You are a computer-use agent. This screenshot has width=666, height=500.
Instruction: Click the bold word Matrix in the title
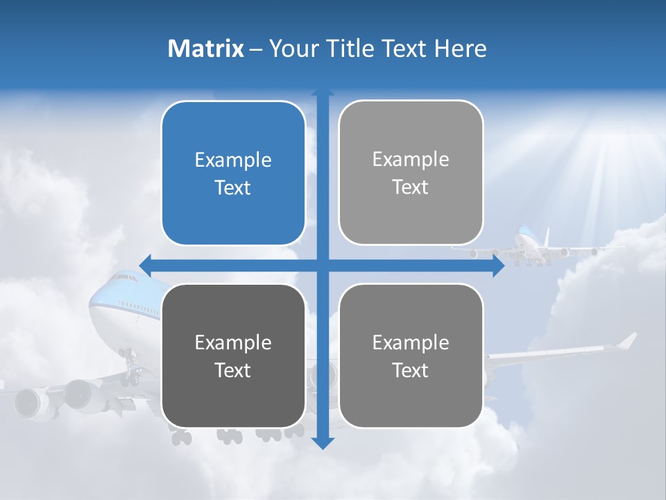pyautogui.click(x=205, y=49)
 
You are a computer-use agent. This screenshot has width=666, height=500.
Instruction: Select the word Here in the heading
pyautogui.click(x=460, y=49)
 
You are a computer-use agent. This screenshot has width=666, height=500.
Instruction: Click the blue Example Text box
pyautogui.click(x=233, y=173)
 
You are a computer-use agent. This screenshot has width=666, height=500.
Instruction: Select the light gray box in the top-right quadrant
pyautogui.click(x=411, y=173)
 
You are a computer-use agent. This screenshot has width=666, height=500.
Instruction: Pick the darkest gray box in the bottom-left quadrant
pyautogui.click(x=233, y=356)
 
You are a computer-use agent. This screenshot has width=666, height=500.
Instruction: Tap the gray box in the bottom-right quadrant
pyautogui.click(x=411, y=356)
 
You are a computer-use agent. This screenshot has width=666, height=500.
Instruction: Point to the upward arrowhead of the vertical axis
pyautogui.click(x=323, y=93)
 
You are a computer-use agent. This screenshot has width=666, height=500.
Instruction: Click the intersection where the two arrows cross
pyautogui.click(x=323, y=265)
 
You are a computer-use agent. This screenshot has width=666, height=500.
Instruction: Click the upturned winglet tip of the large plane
pyautogui.click(x=628, y=340)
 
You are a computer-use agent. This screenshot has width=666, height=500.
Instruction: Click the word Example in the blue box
pyautogui.click(x=233, y=160)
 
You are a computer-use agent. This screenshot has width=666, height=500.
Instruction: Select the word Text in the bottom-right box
pyautogui.click(x=411, y=370)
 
